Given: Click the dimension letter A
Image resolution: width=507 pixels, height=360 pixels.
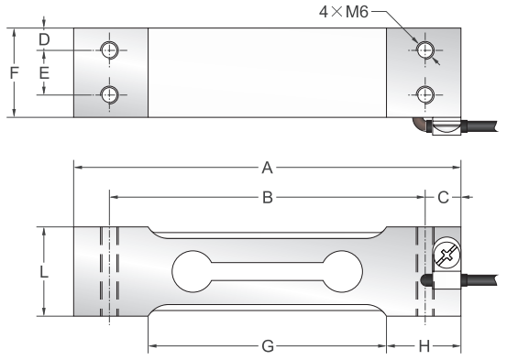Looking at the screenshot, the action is (x=267, y=168).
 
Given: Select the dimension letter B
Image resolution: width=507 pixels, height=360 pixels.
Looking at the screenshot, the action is (x=268, y=197).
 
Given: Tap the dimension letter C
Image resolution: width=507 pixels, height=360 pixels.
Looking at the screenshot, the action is (x=444, y=197).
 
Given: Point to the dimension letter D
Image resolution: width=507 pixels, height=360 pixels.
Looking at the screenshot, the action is (x=44, y=39).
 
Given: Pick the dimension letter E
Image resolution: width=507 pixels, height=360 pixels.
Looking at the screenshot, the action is (x=44, y=72).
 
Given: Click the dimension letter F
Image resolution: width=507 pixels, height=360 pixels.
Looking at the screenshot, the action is (x=14, y=72).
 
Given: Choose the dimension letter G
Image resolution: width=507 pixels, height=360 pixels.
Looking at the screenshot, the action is (x=268, y=346).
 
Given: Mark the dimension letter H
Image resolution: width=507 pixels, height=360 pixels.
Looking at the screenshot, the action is (x=424, y=346).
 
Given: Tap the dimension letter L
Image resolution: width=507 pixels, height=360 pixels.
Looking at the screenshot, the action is (x=44, y=272).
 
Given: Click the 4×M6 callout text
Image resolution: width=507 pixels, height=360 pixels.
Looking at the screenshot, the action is (x=344, y=12).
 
